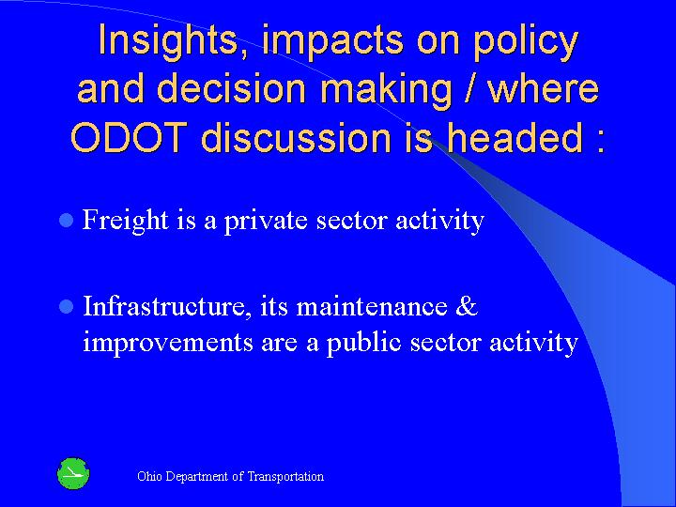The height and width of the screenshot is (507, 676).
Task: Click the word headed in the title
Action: point(520,137)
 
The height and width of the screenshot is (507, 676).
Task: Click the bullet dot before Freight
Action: point(65,222)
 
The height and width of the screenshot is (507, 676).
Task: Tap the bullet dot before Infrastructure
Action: point(65,307)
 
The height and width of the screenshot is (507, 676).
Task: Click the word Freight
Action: point(123,221)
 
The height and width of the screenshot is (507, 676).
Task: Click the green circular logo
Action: point(72,474)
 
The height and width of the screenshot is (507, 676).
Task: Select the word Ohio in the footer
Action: point(149,476)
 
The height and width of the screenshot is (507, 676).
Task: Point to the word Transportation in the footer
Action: point(285,476)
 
